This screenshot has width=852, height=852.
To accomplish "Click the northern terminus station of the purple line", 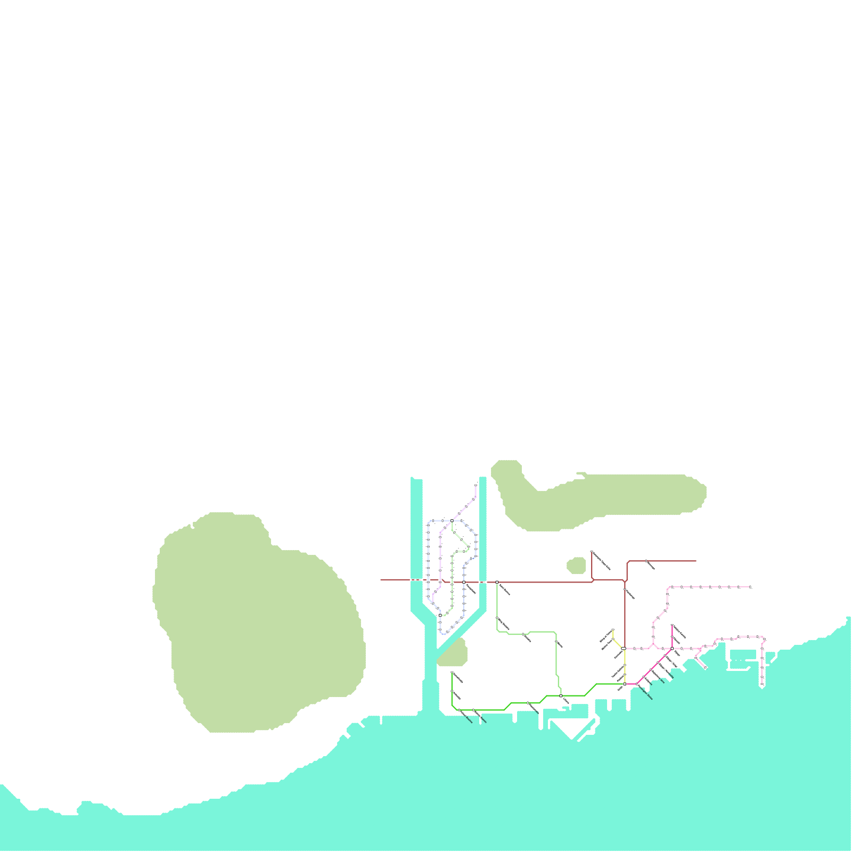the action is tap(476, 485).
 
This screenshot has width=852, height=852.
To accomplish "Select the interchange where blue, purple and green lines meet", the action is tap(452, 520).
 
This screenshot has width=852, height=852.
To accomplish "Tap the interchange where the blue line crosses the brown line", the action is tap(464, 582).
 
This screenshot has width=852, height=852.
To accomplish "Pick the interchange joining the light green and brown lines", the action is tap(497, 582).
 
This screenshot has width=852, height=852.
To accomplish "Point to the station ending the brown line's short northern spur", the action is tap(592, 552).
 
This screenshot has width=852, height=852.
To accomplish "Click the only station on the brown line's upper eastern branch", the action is tap(646, 561).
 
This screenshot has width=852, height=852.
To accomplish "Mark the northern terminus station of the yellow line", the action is tap(613, 630).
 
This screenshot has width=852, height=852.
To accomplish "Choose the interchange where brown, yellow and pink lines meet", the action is tap(624, 648).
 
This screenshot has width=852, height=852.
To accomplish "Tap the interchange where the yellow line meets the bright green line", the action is tap(625, 684).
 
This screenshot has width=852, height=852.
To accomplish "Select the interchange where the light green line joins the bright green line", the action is tap(561, 695).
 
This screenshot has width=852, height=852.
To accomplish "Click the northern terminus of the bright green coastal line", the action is tap(452, 673).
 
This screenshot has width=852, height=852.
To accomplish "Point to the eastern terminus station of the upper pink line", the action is tap(750, 587).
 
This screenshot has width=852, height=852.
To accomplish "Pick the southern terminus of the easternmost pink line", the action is tap(762, 685).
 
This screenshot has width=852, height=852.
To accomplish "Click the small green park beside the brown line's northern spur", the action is tap(576, 565).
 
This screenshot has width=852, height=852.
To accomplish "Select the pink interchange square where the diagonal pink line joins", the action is tap(673, 648).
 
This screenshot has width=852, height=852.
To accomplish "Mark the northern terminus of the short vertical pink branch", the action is tap(672, 626).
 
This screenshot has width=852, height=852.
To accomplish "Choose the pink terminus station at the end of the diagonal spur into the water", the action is tap(706, 667).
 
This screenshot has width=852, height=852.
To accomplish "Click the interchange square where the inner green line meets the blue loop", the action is tap(440, 615).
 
